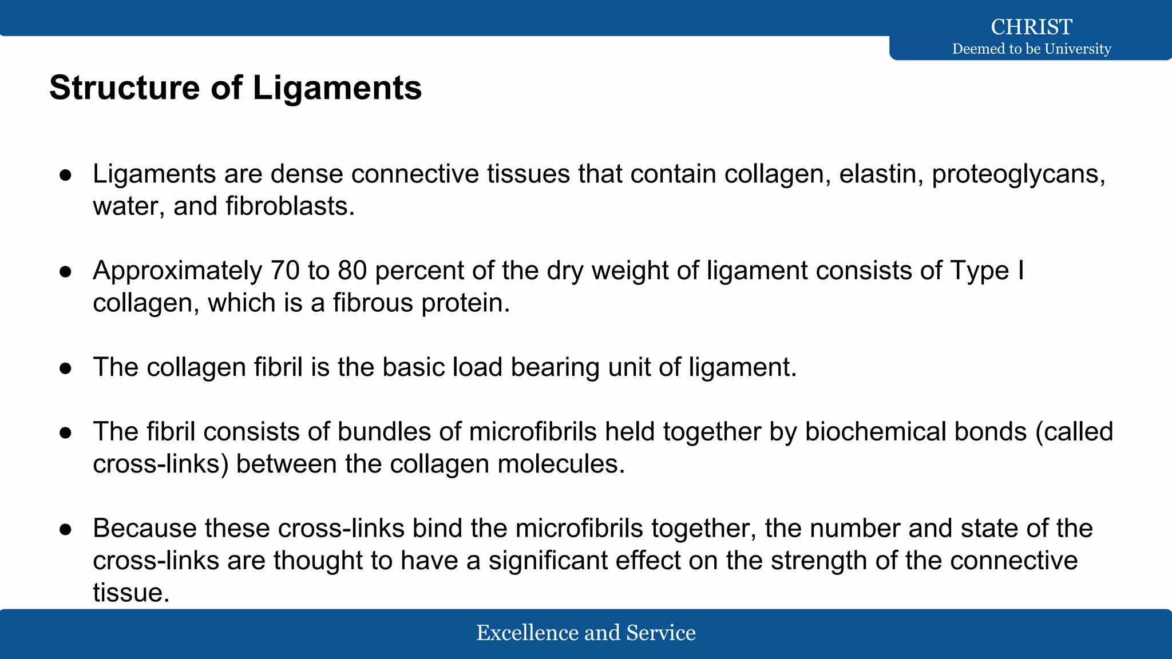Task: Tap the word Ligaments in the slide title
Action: pyautogui.click(x=337, y=88)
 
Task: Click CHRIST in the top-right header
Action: pyautogui.click(x=1031, y=27)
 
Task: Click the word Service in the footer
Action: pyautogui.click(x=661, y=633)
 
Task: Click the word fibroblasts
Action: pyautogui.click(x=290, y=206)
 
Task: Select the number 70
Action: pyautogui.click(x=285, y=271)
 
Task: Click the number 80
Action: pyautogui.click(x=352, y=271)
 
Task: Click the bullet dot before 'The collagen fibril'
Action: pyautogui.click(x=65, y=368)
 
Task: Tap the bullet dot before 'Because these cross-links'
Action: pyautogui.click(x=65, y=529)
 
